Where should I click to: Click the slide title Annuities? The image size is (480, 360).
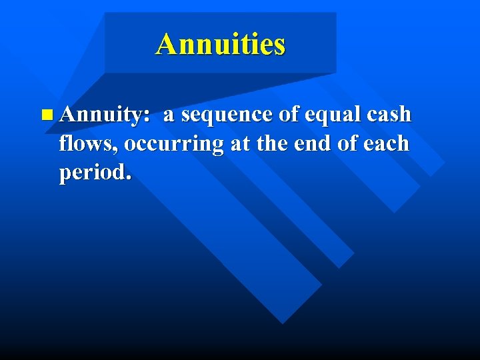click(x=221, y=45)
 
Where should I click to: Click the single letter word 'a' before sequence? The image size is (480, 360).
click(x=169, y=115)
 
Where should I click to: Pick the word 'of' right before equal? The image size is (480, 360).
click(x=289, y=115)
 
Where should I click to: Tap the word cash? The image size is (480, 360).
click(x=388, y=115)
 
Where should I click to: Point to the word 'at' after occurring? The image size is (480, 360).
click(x=239, y=144)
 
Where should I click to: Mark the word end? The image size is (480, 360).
click(x=313, y=143)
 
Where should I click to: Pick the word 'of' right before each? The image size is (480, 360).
click(x=351, y=143)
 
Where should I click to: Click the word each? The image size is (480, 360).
click(x=387, y=143)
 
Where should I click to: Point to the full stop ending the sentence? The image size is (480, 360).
click(x=129, y=178)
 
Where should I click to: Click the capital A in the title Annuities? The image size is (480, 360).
click(x=167, y=45)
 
